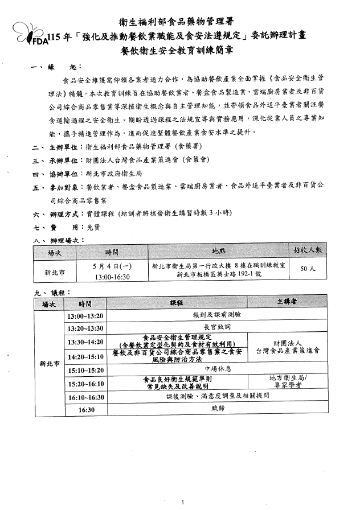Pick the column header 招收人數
pyautogui.click(x=308, y=250)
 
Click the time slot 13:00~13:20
pyautogui.click(x=85, y=315)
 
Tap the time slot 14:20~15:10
pyautogui.click(x=85, y=356)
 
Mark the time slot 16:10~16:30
pyautogui.click(x=85, y=397)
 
